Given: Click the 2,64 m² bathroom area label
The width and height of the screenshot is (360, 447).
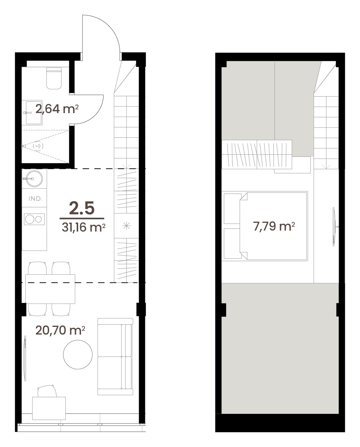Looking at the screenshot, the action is tap(57, 109).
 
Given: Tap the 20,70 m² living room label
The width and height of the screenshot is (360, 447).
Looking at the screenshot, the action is tap(60, 330).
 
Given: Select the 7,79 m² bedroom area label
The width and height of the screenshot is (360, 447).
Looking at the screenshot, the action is tap(274, 226).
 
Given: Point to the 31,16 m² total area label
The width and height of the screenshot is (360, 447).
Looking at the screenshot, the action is tap(83, 227).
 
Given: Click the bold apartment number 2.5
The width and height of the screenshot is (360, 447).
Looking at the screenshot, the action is tap(82, 208).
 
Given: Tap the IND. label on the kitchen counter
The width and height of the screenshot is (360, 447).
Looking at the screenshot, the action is tap(35, 199).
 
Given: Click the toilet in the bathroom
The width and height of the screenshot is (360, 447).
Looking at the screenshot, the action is tap(54, 78).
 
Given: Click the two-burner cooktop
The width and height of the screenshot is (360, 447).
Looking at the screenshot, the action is tap(34, 219).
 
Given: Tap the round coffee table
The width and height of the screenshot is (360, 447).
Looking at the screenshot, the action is tap(78, 354).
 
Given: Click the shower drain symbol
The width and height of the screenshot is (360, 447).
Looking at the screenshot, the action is tap(38, 146).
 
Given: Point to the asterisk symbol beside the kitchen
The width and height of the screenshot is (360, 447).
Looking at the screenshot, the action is tap(126, 226).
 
